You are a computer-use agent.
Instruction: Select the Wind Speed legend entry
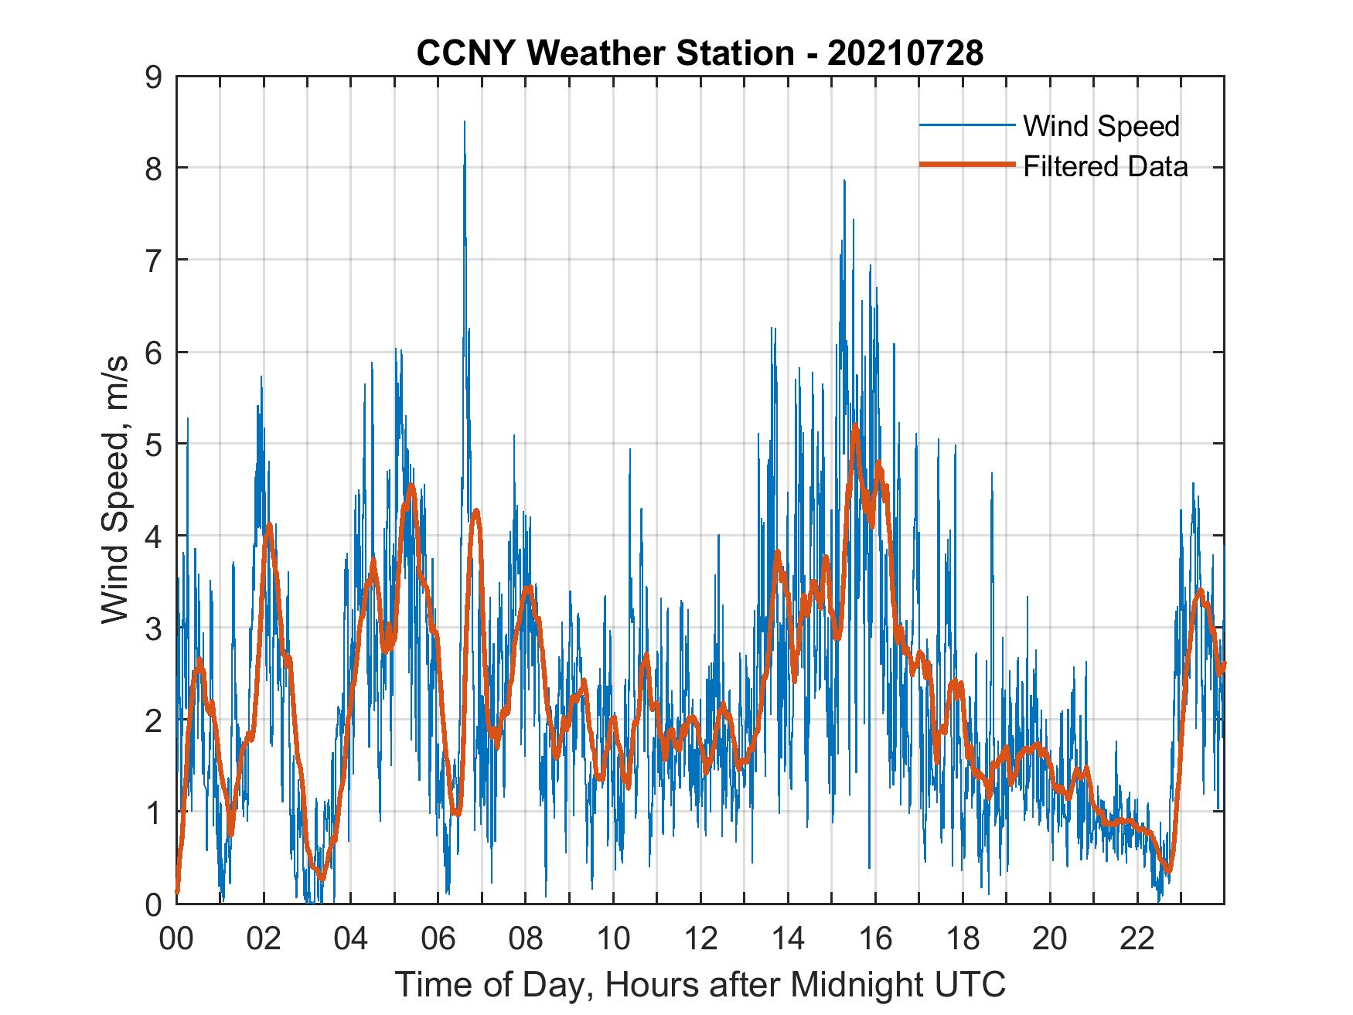[1100, 126]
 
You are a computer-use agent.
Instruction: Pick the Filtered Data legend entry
[1105, 166]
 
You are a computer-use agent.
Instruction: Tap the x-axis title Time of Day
[700, 984]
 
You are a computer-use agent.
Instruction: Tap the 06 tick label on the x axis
[438, 939]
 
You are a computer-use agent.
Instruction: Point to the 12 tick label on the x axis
[700, 939]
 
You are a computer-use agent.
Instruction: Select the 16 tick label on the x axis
[875, 939]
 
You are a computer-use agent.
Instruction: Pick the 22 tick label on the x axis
[1137, 939]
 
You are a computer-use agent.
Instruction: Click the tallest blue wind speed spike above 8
[464, 122]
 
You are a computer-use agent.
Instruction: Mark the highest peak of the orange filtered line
[855, 425]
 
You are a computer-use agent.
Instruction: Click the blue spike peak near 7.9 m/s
[844, 181]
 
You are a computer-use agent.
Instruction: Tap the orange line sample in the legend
[966, 165]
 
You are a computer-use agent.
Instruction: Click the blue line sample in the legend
[966, 125]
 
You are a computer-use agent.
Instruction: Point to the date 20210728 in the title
[905, 53]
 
